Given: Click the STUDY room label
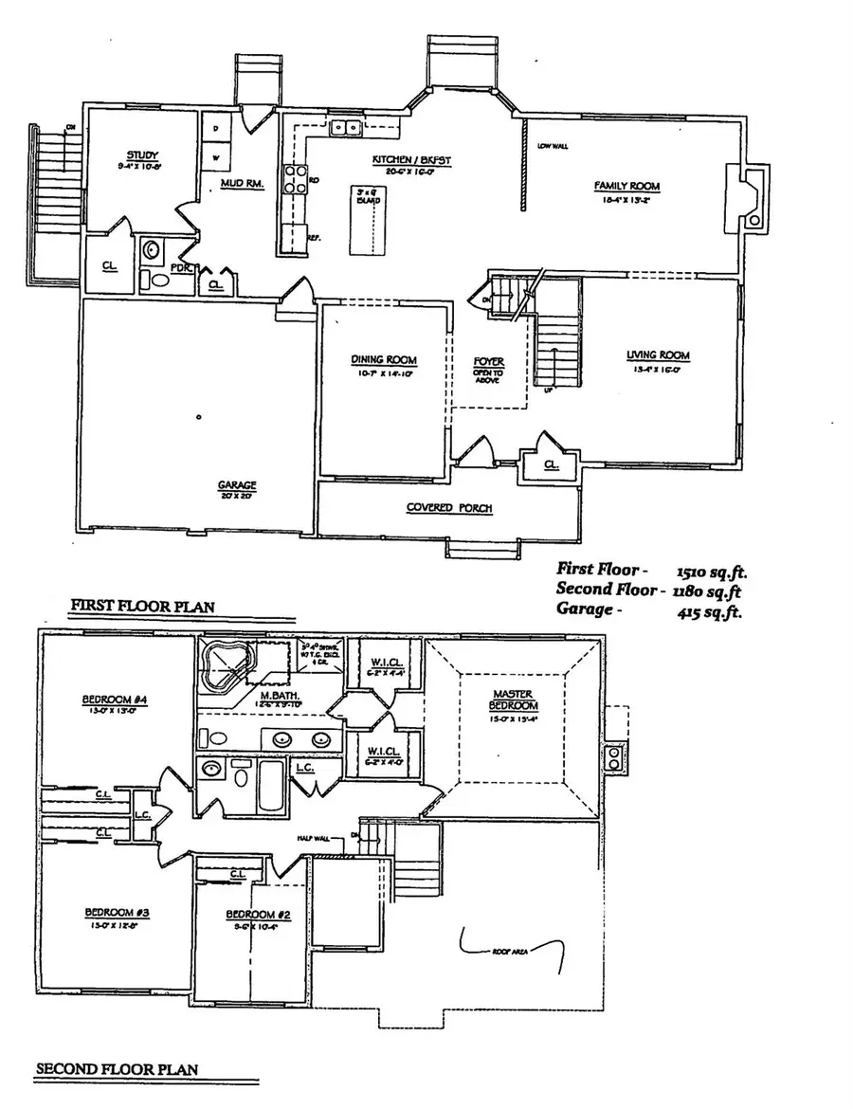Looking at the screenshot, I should [142, 155].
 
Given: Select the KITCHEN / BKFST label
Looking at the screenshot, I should [397, 162].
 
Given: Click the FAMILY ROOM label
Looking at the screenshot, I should [626, 186].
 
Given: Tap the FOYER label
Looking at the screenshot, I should [489, 362].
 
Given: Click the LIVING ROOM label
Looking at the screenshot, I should [658, 355].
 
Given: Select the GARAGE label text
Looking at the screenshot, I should [237, 485].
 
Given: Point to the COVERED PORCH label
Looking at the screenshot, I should [449, 508].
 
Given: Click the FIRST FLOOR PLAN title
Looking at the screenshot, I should [141, 606].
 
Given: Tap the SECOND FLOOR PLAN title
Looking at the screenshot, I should [117, 1069].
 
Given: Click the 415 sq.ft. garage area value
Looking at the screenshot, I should [709, 611].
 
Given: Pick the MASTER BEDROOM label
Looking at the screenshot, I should [514, 700].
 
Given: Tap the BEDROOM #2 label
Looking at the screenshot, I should [251, 915].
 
